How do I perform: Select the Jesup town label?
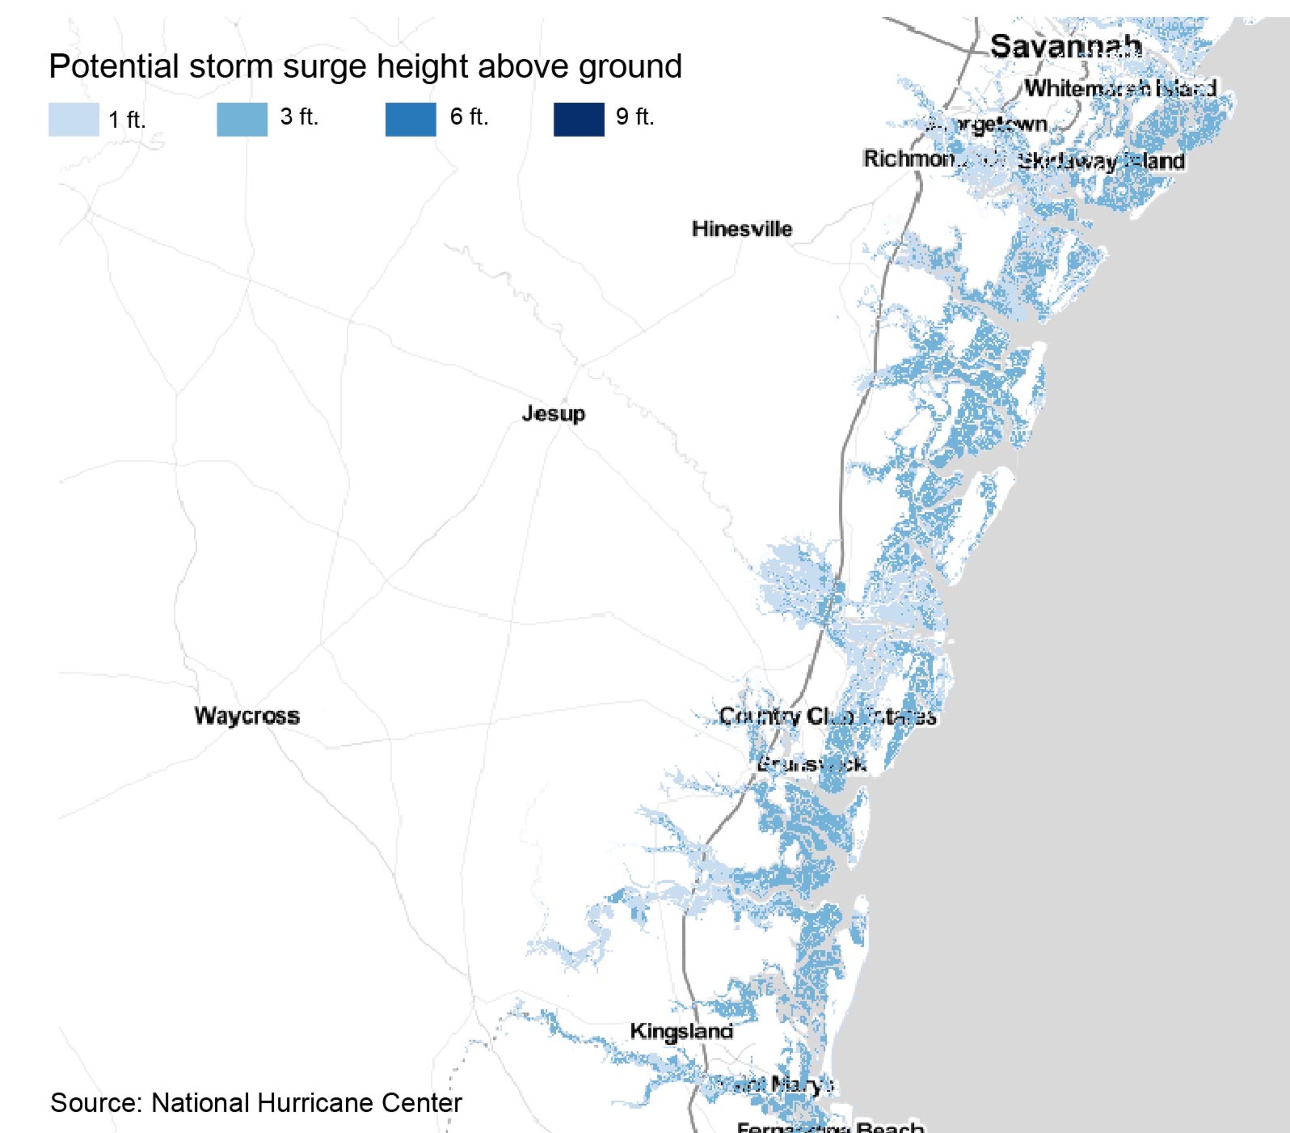pyautogui.click(x=554, y=414)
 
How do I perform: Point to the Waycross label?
pyautogui.click(x=247, y=716)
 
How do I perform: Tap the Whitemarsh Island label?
pyautogui.click(x=1120, y=88)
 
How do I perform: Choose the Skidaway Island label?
pyautogui.click(x=1101, y=162)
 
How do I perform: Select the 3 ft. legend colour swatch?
pyautogui.click(x=242, y=119)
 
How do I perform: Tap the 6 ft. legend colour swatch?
pyautogui.click(x=410, y=119)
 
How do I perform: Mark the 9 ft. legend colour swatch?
pyautogui.click(x=579, y=119)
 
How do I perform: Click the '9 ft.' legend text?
pyautogui.click(x=635, y=117)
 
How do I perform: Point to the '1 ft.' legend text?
pyautogui.click(x=127, y=119)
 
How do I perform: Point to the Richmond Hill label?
pyautogui.click(x=915, y=159)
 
